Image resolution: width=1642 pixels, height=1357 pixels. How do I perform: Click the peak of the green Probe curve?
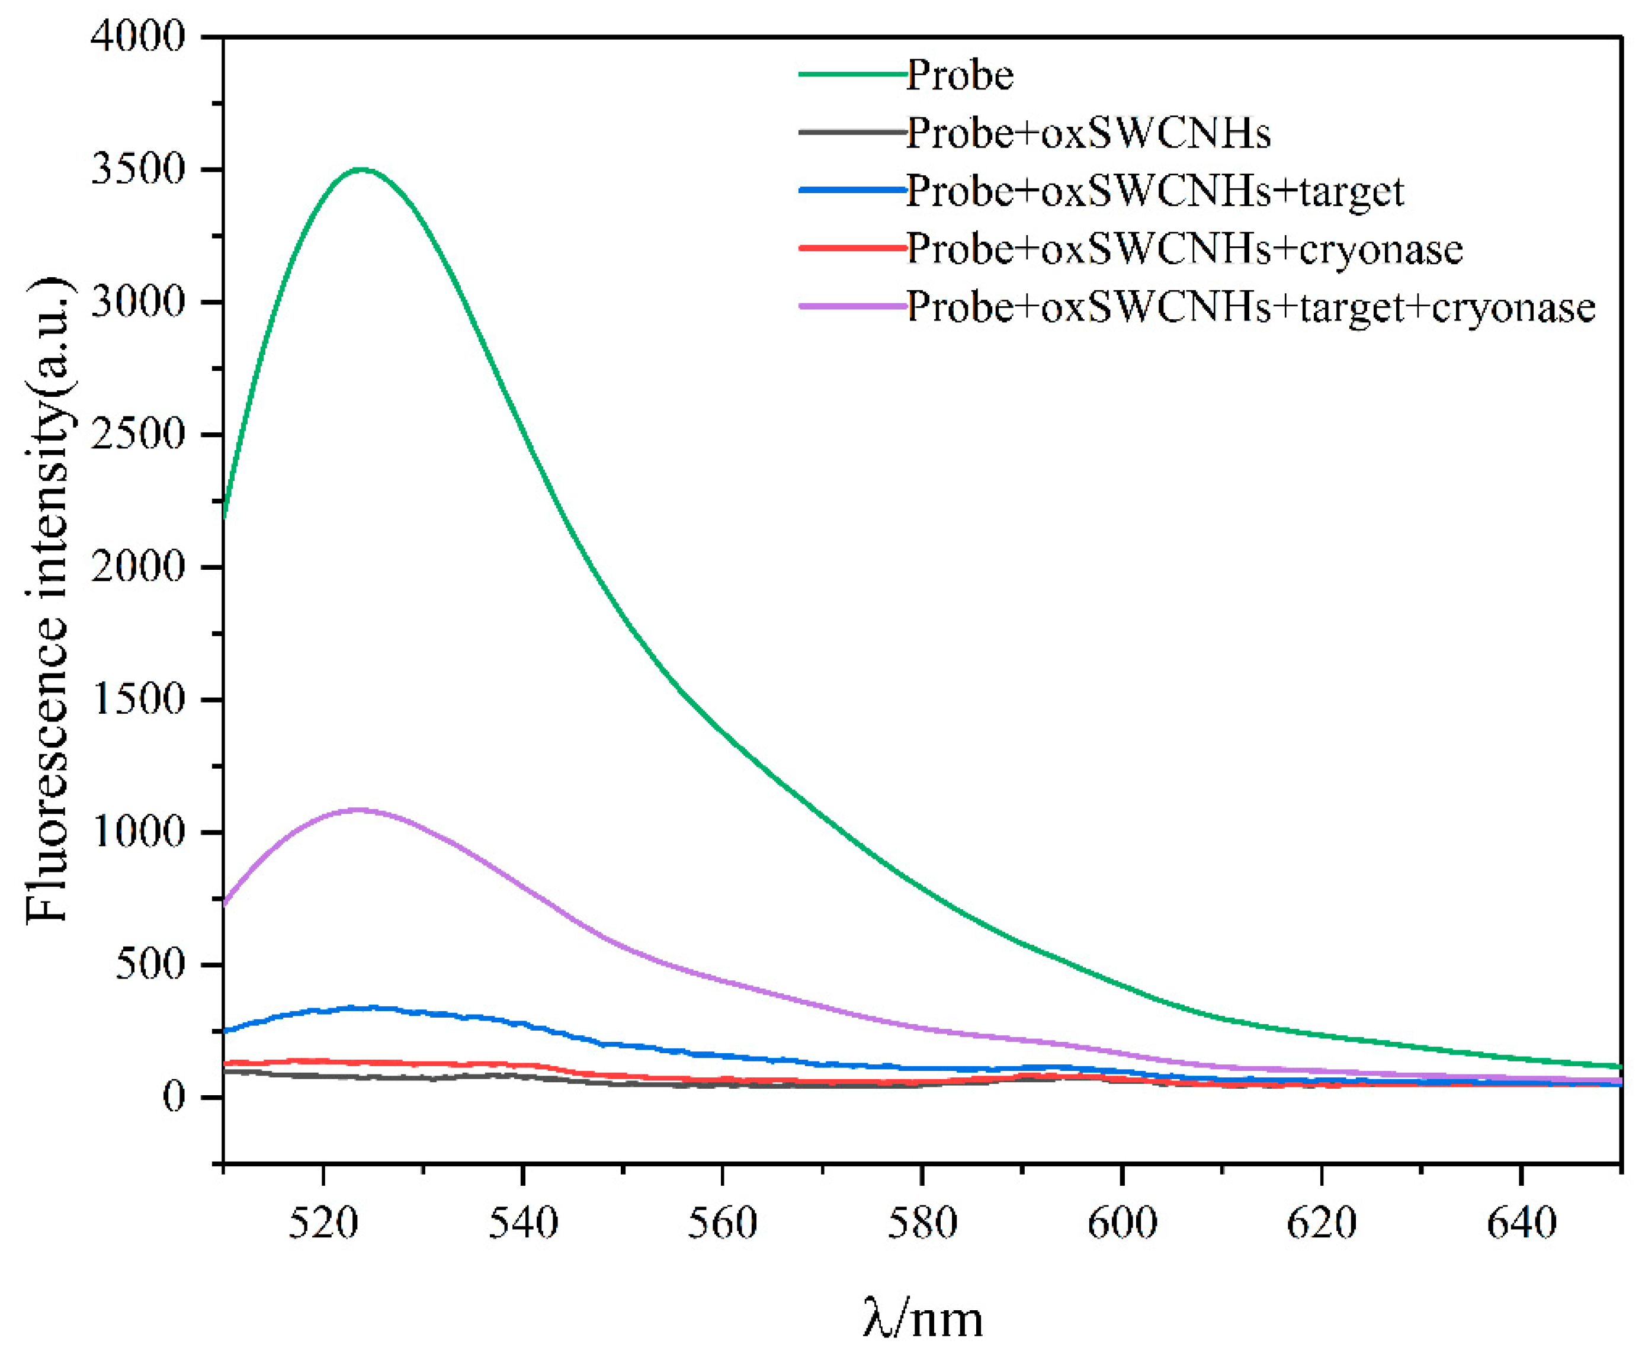pyautogui.click(x=360, y=169)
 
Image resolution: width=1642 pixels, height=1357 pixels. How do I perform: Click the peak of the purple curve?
pyautogui.click(x=360, y=810)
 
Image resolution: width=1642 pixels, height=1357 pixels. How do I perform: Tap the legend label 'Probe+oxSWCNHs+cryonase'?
pyautogui.click(x=1184, y=249)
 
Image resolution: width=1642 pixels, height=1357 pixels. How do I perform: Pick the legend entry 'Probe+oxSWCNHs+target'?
pyautogui.click(x=1154, y=191)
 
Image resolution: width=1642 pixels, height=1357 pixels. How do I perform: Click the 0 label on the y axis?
pyautogui.click(x=174, y=1097)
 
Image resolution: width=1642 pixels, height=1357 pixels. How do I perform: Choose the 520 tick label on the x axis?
pyautogui.click(x=323, y=1223)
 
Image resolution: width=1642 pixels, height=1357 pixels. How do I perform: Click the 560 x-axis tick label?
pyautogui.click(x=722, y=1223)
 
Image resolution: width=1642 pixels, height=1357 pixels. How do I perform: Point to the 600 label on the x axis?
pyautogui.click(x=1121, y=1223)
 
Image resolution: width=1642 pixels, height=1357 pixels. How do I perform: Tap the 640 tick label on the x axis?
pyautogui.click(x=1521, y=1223)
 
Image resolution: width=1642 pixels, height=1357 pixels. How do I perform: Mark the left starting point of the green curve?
pyautogui.click(x=225, y=516)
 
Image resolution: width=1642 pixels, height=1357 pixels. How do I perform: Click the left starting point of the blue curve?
pyautogui.click(x=225, y=1031)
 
